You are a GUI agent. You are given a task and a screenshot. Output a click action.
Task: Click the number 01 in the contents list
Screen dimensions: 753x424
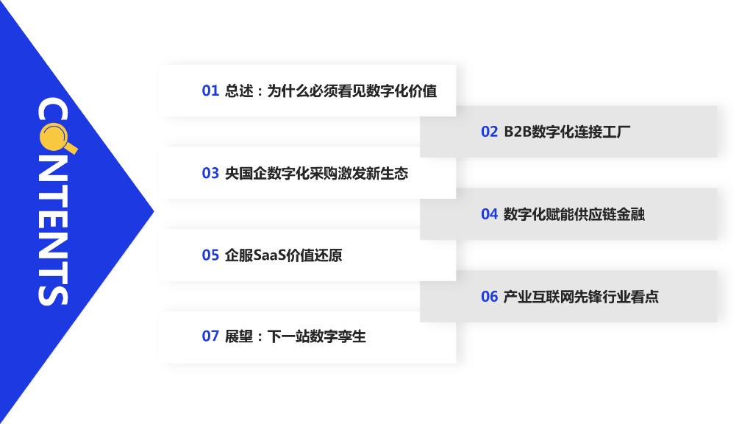210,91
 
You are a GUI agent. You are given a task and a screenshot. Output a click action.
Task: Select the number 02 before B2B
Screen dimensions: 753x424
490,132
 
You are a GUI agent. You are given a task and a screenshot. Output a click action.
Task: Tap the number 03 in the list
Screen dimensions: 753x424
210,174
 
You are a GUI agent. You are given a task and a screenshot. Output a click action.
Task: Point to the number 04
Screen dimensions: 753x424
490,215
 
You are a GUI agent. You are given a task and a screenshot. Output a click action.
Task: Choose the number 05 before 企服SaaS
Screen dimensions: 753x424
210,256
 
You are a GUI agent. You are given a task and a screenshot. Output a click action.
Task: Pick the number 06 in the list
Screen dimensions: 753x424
490,297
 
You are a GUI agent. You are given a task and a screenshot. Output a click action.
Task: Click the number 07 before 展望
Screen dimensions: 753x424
210,337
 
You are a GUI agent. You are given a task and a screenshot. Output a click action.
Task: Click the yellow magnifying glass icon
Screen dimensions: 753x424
56,136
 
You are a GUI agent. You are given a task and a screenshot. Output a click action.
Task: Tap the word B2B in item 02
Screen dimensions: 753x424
517,132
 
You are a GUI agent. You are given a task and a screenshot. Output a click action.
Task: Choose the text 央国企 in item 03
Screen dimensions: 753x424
239,174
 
